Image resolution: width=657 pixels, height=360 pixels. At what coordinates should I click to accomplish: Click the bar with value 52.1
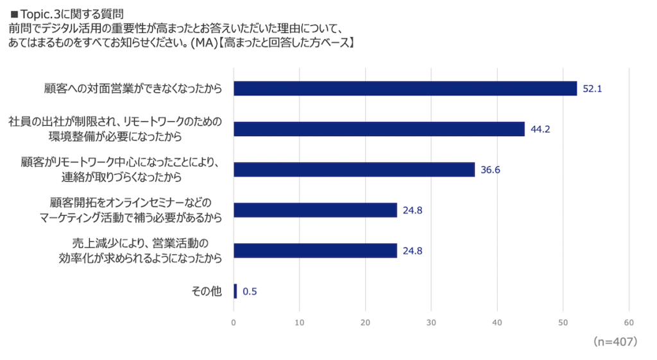405,89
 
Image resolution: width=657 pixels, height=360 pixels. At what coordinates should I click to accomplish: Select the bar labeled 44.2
379,129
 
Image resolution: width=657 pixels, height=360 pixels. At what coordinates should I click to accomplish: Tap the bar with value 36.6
354,169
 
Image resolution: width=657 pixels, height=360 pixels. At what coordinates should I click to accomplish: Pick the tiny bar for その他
235,291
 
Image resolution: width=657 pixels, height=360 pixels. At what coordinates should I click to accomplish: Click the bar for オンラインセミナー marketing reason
315,210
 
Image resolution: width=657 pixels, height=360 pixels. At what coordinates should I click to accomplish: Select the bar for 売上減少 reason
315,250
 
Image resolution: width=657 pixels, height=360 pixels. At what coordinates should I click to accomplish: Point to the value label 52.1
592,89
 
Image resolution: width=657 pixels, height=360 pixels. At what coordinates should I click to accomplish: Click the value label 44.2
540,129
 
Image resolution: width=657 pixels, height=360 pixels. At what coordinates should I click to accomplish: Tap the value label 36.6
490,169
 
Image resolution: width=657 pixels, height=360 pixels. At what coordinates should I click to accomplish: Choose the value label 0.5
250,291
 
